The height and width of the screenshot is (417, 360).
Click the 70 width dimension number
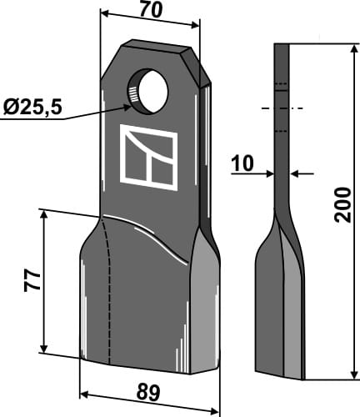click(151, 11)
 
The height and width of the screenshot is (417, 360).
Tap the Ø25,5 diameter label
click(32, 108)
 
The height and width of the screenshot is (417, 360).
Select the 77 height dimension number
click(32, 282)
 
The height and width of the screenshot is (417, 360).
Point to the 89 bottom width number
click(148, 393)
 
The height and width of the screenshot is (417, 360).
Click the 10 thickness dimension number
click(242, 163)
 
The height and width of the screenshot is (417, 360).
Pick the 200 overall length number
click(342, 204)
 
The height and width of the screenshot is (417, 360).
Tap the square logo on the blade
click(148, 158)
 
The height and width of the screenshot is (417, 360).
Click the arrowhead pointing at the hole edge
click(127, 107)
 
